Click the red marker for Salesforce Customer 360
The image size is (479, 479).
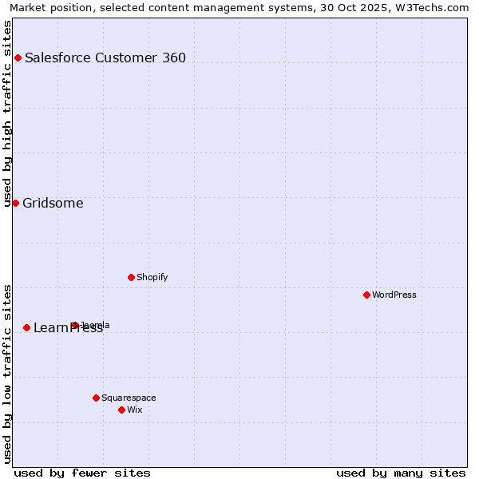18,57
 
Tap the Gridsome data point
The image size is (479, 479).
15,203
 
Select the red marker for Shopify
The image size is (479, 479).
131,277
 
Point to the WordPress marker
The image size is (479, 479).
366,295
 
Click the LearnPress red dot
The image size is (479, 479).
26,327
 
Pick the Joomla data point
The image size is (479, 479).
75,325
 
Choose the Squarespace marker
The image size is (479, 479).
96,398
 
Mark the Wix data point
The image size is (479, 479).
121,410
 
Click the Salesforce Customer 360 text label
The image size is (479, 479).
105,57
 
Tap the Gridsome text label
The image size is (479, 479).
53,203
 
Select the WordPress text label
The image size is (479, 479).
394,295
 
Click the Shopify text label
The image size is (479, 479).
152,277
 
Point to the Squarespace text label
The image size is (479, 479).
129,398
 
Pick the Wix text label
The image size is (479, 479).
134,410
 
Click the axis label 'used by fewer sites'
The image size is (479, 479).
82,473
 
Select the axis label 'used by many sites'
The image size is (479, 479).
401,473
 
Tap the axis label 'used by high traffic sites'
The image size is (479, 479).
7,113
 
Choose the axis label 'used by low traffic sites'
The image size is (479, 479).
7,374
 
